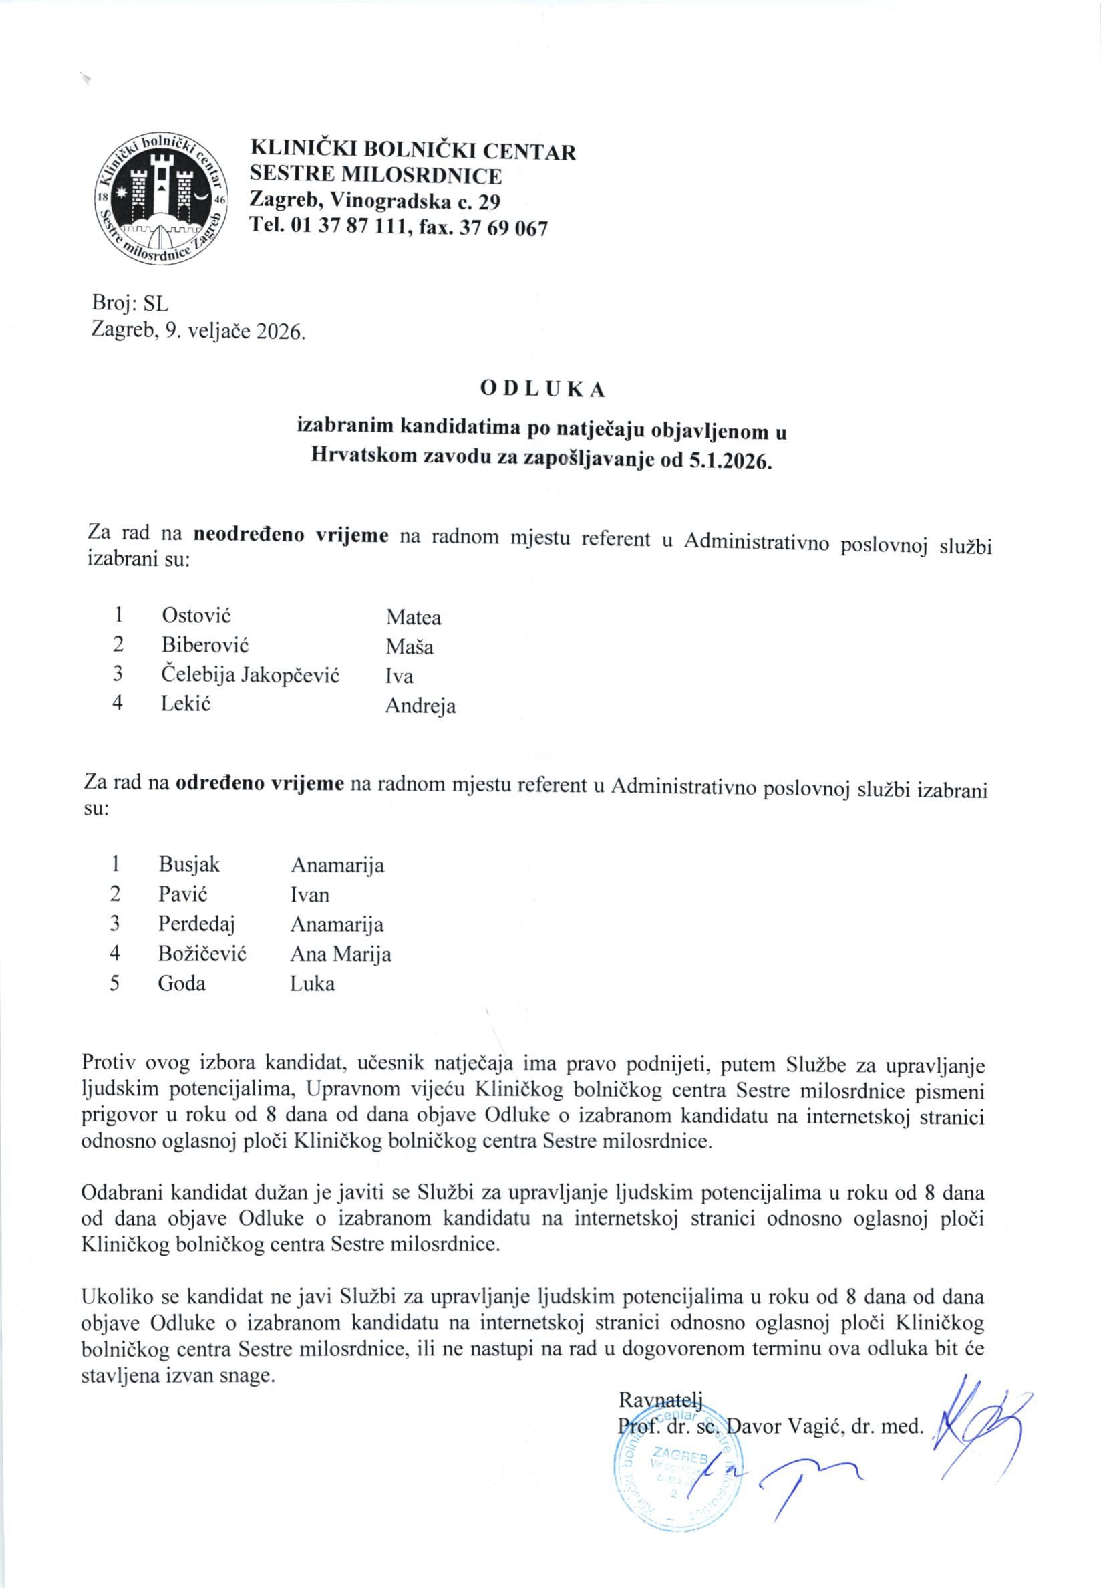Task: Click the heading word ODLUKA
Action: tap(542, 390)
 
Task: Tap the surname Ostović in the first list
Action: tap(196, 614)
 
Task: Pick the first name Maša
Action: tap(409, 647)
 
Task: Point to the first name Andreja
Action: tap(420, 706)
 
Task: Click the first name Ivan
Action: tap(310, 895)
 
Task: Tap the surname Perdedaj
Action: tap(196, 924)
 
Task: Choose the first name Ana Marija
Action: tap(341, 954)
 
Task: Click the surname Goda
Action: tap(182, 983)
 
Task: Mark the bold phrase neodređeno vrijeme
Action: tap(291, 535)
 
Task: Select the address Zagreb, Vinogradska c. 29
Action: tap(375, 202)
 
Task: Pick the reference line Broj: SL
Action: tap(130, 303)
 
